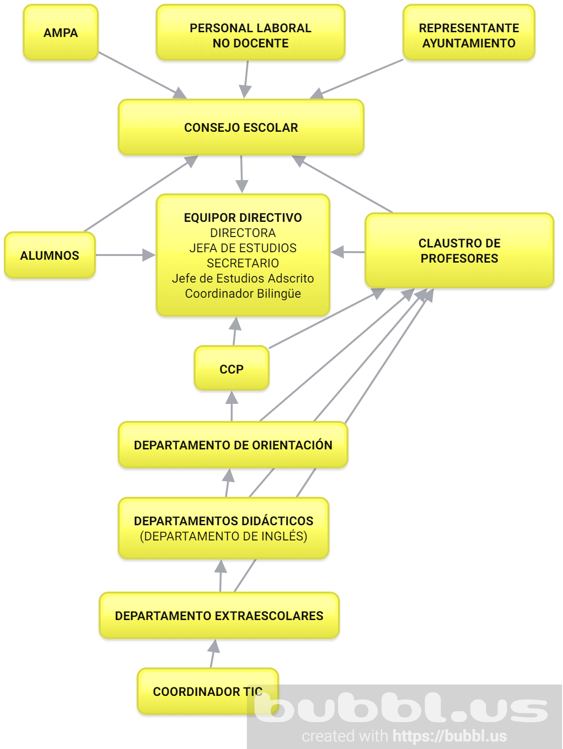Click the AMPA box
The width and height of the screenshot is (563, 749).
pos(61,33)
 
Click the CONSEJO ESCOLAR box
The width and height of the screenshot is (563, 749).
pos(241,127)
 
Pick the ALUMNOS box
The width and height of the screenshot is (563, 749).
pos(50,255)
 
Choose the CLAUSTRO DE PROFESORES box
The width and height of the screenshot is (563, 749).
pos(459,250)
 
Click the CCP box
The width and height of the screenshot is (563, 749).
pos(232,369)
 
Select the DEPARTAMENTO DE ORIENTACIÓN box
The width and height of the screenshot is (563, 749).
pos(233,445)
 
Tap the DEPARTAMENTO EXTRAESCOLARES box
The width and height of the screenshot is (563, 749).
pos(219,615)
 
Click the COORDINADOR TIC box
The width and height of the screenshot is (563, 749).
pos(199,691)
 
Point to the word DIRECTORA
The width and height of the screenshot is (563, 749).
pos(243,233)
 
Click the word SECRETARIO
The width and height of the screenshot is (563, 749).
pos(243,263)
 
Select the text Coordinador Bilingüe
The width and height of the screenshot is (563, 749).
pos(243,293)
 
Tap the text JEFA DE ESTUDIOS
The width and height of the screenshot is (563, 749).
pos(243,248)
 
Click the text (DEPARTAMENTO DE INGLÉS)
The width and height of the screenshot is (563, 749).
pos(224,536)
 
